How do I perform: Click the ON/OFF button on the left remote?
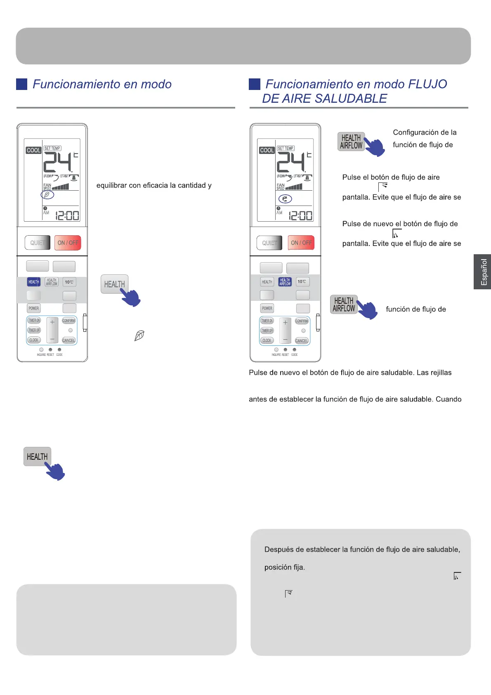68,243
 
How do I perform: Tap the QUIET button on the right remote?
269,243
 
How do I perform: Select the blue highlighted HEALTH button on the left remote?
34,282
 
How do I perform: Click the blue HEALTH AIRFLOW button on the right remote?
285,282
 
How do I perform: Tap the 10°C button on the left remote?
69,282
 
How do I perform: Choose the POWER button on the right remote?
267,308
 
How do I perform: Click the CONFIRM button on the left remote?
68,321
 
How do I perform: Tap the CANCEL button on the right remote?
302,340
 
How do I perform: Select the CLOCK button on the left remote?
34,340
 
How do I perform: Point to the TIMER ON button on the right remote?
267,321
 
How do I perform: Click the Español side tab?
483,272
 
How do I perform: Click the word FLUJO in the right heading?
427,84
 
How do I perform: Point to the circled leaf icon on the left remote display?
47,195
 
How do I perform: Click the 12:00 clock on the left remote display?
67,215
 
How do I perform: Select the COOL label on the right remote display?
267,150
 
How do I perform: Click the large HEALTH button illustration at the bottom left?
37,457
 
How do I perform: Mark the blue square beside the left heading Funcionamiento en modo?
21,84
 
